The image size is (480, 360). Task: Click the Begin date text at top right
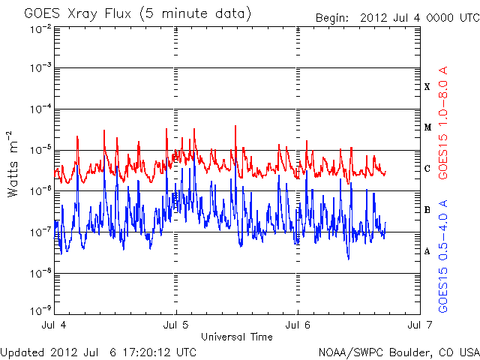[x=396, y=18]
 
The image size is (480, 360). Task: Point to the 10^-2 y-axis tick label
[x=41, y=28]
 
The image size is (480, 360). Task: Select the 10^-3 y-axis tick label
[x=41, y=68]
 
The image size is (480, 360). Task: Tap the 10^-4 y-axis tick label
[x=41, y=109]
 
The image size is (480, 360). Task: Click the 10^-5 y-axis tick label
[x=41, y=150]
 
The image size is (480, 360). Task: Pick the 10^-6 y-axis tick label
[x=41, y=191]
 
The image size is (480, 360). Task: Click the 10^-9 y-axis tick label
[x=41, y=309]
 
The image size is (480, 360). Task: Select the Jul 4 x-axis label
[x=55, y=325]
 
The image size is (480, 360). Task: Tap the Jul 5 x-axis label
[x=177, y=325]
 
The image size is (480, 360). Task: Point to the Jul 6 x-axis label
[x=298, y=325]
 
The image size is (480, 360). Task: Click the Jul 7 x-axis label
[x=419, y=325]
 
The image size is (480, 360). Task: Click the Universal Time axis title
[x=237, y=337]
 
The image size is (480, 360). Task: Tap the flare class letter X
[x=427, y=87]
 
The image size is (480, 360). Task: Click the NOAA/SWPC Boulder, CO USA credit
[x=398, y=352]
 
